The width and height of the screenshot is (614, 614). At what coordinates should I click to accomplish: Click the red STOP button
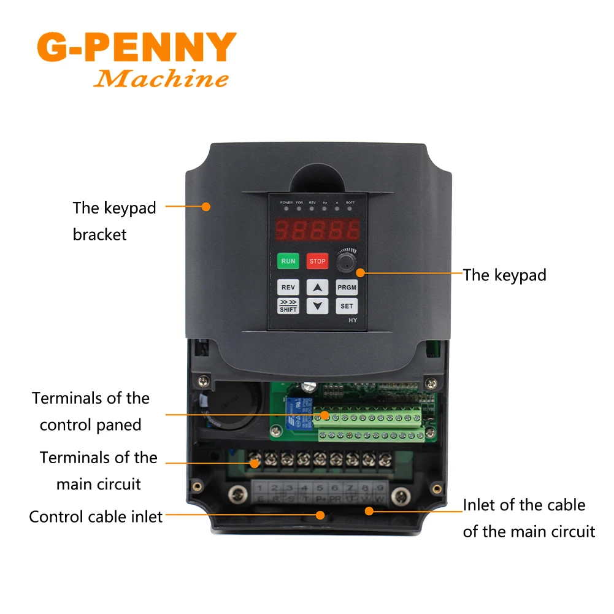click(x=317, y=261)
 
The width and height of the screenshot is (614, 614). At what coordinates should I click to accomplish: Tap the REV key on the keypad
click(x=288, y=287)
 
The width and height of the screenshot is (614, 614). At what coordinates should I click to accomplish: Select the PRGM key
click(x=347, y=287)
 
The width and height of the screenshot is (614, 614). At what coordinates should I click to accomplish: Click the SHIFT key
click(x=288, y=306)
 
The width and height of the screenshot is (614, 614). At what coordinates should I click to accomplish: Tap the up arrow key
click(x=317, y=287)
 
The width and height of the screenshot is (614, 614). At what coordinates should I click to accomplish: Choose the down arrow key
click(x=317, y=305)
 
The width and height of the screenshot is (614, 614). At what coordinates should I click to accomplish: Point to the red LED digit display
click(x=317, y=231)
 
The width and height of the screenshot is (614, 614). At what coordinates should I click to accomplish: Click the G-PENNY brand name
click(x=136, y=47)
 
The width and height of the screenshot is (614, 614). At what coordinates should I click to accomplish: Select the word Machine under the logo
click(x=161, y=79)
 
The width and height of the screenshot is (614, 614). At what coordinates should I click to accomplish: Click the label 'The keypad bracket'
click(x=114, y=221)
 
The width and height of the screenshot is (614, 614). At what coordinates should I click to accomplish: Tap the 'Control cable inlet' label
click(x=96, y=516)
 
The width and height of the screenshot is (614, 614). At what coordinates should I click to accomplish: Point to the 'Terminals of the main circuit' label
click(x=99, y=471)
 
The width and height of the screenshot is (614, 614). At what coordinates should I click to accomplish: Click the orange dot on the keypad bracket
click(x=206, y=207)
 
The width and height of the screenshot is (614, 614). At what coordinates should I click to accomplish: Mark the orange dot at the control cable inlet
click(x=320, y=516)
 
